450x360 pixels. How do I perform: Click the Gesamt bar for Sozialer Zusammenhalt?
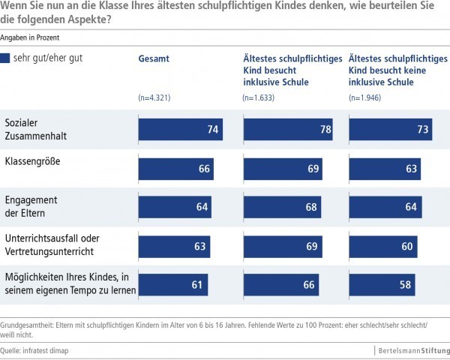[180, 130]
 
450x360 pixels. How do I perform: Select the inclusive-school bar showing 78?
[289, 130]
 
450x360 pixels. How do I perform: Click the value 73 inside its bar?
[423, 130]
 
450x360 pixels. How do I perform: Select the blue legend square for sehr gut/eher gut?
[7, 58]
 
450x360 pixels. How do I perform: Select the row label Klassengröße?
[34, 161]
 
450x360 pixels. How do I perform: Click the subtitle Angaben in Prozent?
[30, 36]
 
